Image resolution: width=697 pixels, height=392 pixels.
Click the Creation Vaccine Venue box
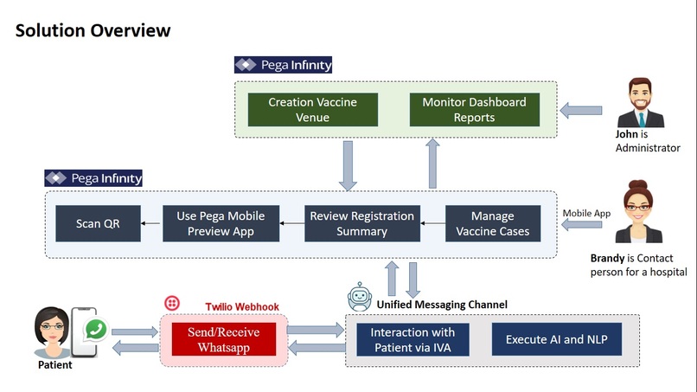pos(313,109)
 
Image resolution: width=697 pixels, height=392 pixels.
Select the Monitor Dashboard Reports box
pos(474,109)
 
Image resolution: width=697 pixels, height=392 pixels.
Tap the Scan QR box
pos(98,223)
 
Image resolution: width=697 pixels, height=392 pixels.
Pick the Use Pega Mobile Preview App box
pos(221,223)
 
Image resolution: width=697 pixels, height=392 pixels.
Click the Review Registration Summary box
pos(361,223)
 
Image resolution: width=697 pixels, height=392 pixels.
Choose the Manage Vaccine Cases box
pos(493,223)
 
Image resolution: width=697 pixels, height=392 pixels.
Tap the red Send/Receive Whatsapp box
pos(224,339)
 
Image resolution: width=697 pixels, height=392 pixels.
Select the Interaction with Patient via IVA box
pos(412,339)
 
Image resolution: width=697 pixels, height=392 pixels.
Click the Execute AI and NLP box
pos(557,339)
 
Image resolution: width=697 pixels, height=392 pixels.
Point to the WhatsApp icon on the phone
pos(96,330)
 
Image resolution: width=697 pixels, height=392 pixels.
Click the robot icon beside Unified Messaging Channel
pos(360,296)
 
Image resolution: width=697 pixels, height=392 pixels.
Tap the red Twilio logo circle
pos(172,304)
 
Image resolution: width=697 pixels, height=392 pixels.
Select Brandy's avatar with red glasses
pos(638,211)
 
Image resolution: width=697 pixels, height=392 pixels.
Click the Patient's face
pos(52,328)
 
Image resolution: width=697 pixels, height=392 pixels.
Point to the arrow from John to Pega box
pos(581,111)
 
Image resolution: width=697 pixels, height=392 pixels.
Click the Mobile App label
pos(586,213)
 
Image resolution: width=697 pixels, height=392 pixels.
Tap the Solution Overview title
pos(93,30)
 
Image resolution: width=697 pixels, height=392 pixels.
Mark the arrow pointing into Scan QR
pos(150,223)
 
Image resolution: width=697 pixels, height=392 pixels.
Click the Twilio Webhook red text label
pos(242,306)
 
